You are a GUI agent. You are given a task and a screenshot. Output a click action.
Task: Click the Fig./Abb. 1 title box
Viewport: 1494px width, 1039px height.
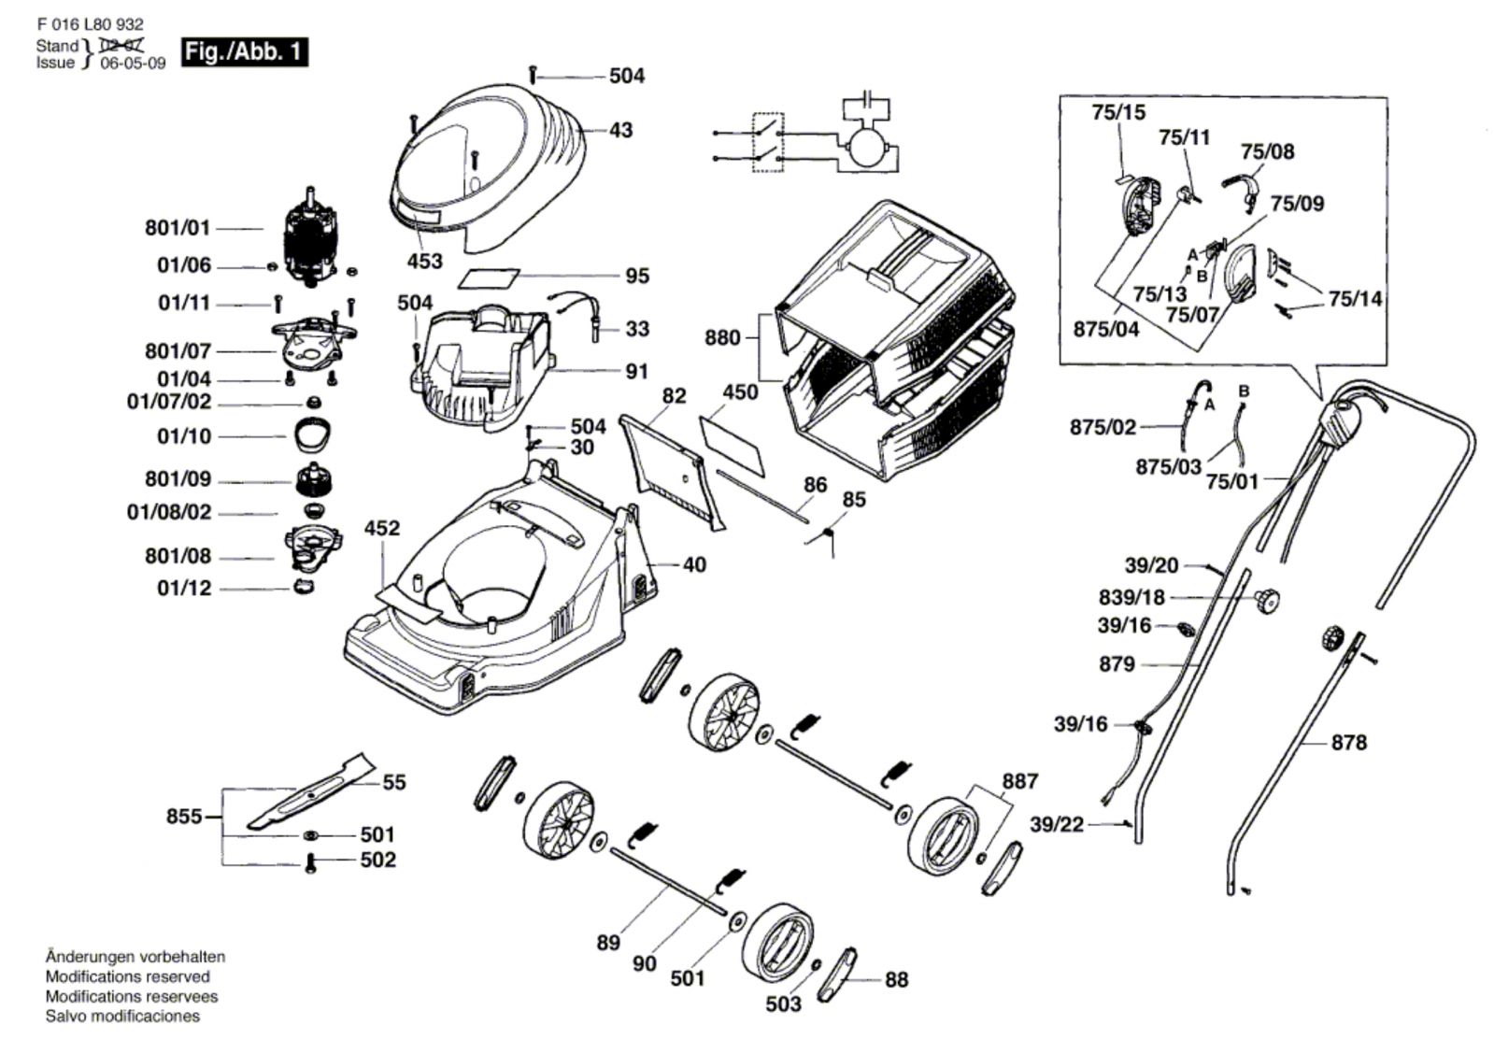(243, 51)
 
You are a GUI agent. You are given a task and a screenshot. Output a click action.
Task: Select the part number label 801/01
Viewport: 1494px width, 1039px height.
(178, 228)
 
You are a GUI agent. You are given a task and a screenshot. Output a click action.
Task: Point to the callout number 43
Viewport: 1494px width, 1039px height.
(620, 130)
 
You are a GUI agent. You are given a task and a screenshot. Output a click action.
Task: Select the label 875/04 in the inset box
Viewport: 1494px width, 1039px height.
(1105, 329)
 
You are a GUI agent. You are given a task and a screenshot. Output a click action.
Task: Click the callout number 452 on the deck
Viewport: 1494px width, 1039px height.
(381, 529)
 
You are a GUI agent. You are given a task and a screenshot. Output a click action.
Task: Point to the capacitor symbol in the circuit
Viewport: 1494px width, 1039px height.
(870, 96)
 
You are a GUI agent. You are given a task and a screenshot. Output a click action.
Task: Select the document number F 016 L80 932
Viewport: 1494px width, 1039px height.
(91, 25)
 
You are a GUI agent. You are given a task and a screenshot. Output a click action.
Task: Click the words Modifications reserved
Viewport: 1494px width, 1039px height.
(127, 976)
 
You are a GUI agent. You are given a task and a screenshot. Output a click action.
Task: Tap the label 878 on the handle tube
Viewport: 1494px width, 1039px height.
(1348, 743)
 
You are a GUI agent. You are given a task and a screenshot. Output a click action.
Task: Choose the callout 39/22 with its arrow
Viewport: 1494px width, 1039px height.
(1058, 824)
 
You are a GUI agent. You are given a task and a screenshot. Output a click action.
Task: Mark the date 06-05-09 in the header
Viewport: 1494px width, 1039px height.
(133, 64)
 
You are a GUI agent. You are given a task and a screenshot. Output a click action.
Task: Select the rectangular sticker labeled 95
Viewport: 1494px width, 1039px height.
(488, 277)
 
